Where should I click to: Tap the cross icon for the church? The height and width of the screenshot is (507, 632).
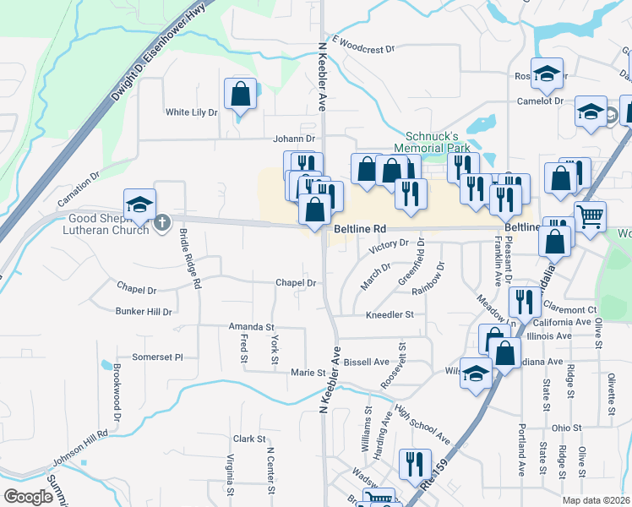164,223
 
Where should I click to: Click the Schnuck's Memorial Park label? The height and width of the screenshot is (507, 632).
432,141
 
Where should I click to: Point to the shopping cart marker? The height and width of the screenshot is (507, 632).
590,215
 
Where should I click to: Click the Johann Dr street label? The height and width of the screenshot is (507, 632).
293,139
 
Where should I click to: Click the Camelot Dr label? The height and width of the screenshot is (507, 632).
540,101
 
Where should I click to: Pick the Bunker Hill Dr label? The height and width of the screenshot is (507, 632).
144,312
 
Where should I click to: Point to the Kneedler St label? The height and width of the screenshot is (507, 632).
389,314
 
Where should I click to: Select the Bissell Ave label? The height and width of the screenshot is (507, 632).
366,362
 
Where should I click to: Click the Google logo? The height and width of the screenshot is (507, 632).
28,497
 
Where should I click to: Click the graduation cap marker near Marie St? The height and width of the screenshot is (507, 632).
477,373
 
